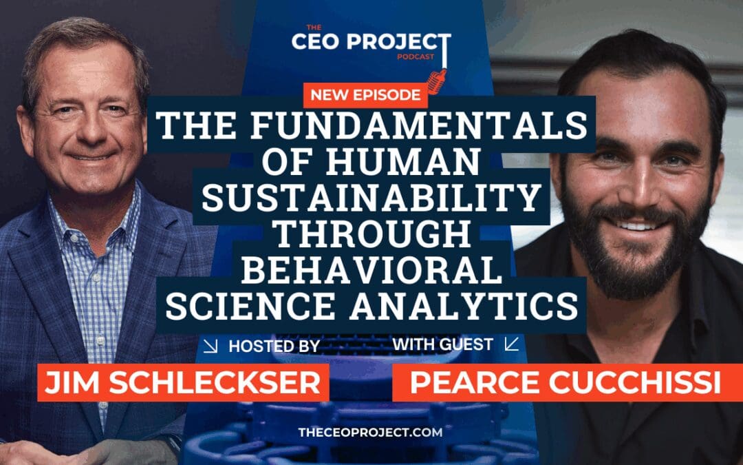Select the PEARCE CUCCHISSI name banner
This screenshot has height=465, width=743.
pos(565,383)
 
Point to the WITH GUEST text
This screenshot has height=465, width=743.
pos(444,344)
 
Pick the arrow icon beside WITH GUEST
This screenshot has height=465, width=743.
pos(511,344)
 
